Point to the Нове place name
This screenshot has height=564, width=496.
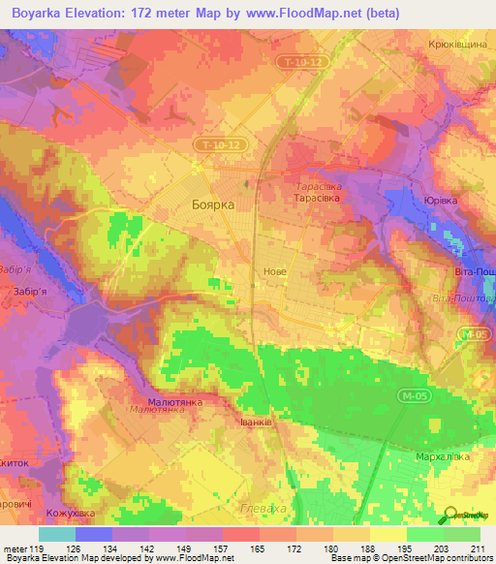coord(274,272)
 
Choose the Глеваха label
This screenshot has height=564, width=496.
coord(259,507)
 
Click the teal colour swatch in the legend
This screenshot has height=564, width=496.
coord(57,534)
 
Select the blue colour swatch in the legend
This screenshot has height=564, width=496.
coord(94,534)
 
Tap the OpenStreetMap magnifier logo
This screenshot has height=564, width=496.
coord(450,516)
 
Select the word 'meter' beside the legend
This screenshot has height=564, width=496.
coord(16,548)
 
